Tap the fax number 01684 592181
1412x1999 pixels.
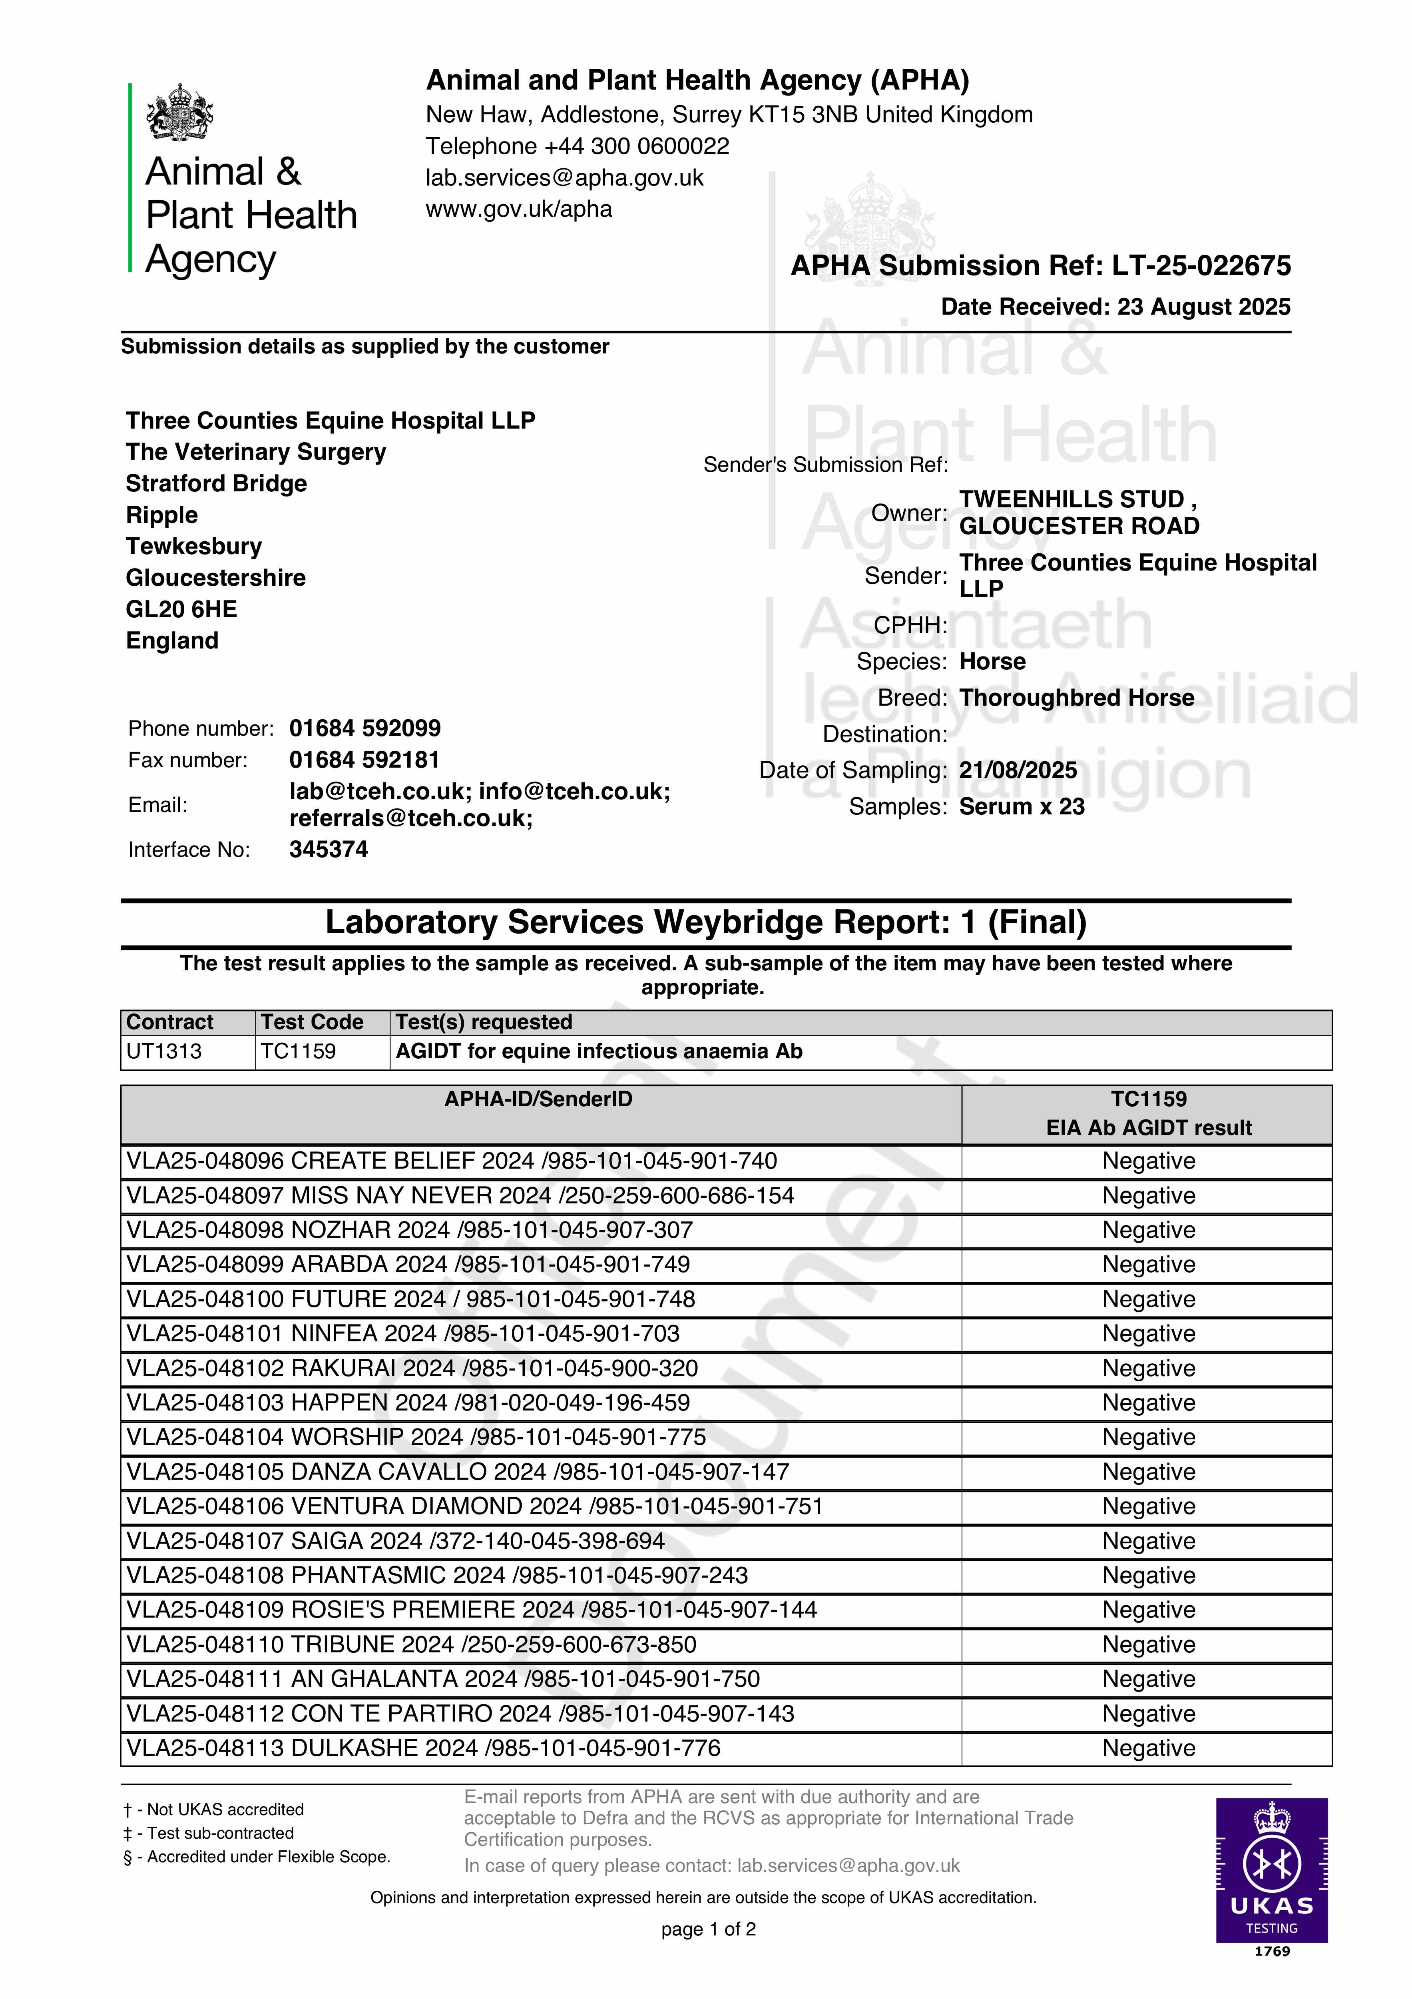(x=364, y=760)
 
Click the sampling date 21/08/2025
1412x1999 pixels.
(x=1018, y=770)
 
